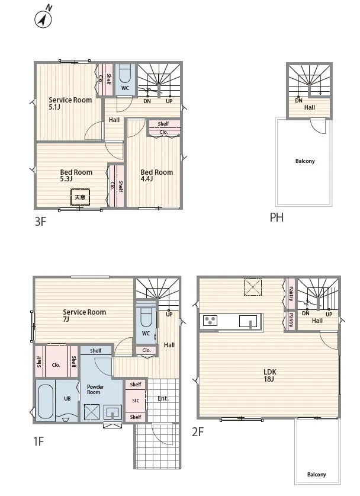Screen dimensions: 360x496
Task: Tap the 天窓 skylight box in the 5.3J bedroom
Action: (80, 197)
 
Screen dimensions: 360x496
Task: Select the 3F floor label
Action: (40, 222)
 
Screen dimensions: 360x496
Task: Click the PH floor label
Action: (277, 217)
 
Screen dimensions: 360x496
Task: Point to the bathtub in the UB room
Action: (46, 401)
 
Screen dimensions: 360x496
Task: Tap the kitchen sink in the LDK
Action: (250, 321)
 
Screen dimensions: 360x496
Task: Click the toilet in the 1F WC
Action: (146, 318)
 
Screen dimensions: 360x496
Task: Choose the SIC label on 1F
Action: (136, 401)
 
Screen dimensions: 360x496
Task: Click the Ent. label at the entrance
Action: (163, 399)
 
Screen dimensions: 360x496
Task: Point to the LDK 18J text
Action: (269, 376)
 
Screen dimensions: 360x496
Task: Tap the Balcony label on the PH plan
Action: (305, 161)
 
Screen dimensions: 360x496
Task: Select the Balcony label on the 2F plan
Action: (316, 475)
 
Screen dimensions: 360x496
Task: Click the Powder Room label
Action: (95, 389)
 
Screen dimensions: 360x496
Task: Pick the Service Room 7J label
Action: (84, 315)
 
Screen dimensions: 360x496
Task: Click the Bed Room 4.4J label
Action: (156, 175)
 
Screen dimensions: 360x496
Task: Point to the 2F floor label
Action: (198, 432)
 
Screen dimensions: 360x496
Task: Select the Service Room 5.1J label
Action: (70, 103)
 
